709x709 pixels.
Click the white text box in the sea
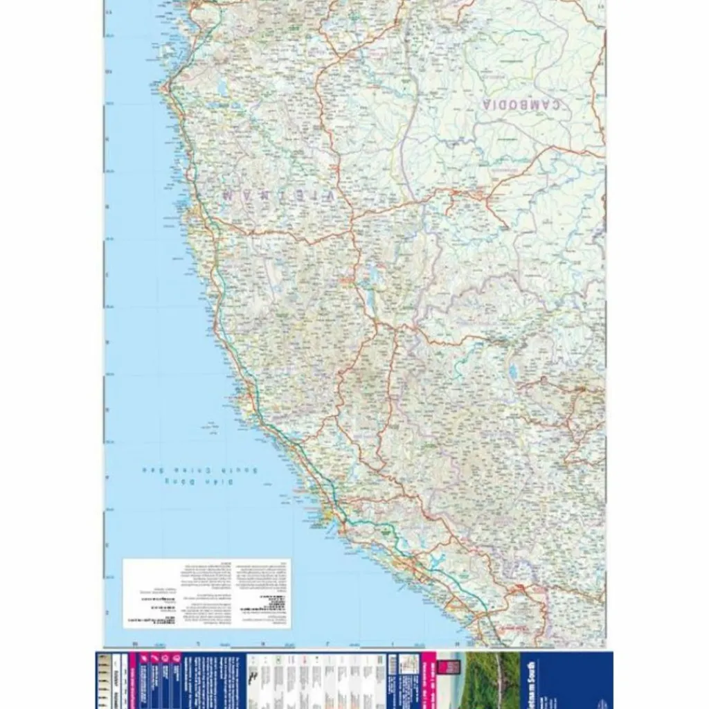click(206, 593)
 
